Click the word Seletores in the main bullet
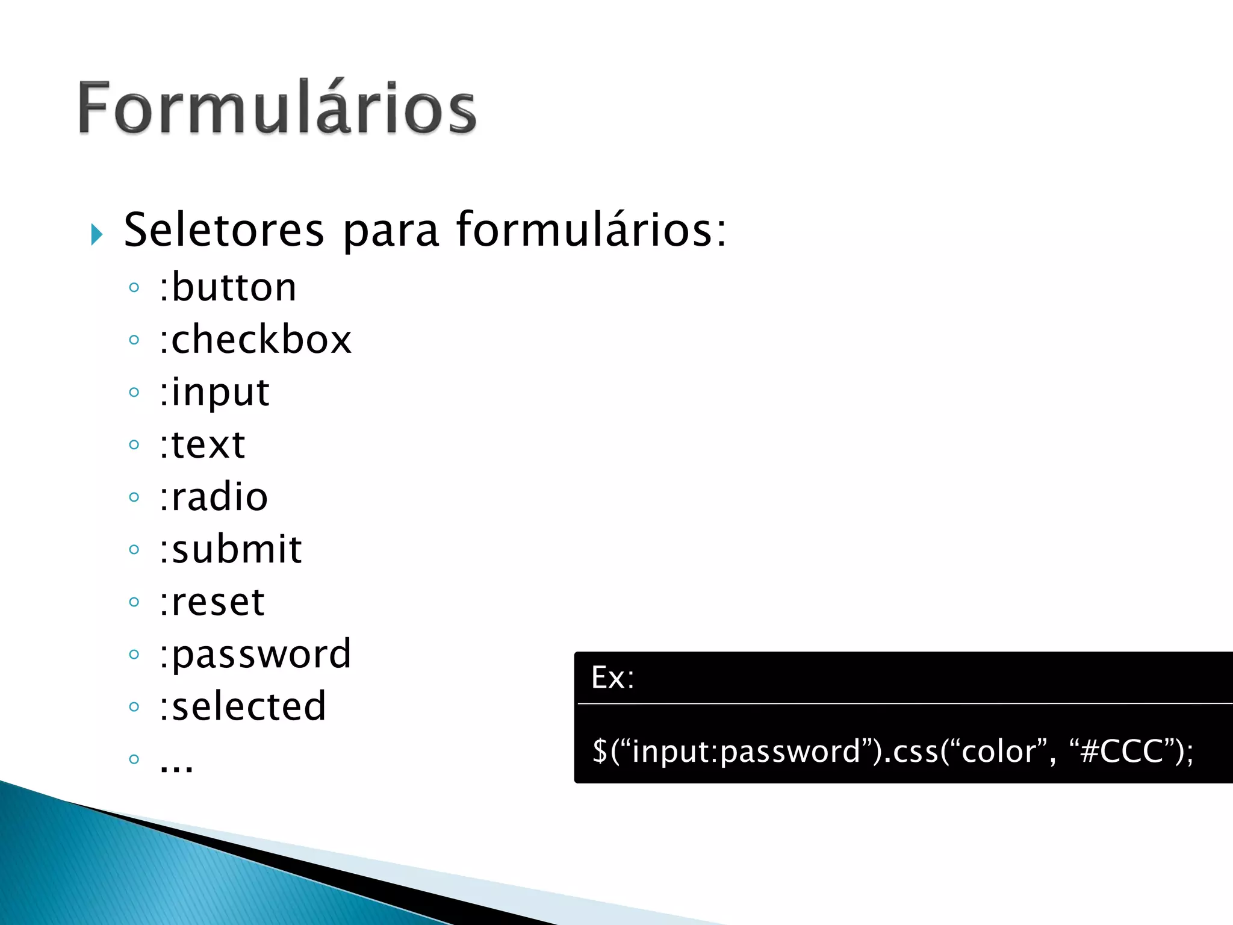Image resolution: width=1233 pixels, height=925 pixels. (x=224, y=231)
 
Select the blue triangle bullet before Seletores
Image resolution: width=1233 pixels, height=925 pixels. (x=96, y=234)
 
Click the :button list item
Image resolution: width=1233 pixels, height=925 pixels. (x=228, y=287)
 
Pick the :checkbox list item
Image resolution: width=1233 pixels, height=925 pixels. (x=255, y=340)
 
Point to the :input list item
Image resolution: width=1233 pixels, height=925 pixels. (x=214, y=393)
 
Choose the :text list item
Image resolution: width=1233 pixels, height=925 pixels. (x=202, y=445)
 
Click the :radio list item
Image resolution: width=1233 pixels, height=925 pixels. (x=214, y=497)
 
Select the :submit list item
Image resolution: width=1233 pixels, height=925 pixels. (x=231, y=549)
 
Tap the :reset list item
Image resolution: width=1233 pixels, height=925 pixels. (x=212, y=602)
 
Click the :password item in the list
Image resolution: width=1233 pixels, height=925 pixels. (x=255, y=655)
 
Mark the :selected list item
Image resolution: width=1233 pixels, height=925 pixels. (x=243, y=706)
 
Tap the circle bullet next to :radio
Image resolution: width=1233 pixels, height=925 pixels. (x=134, y=497)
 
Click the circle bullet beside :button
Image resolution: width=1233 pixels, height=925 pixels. (x=134, y=287)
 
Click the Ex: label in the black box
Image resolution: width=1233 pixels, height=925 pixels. (x=612, y=677)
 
